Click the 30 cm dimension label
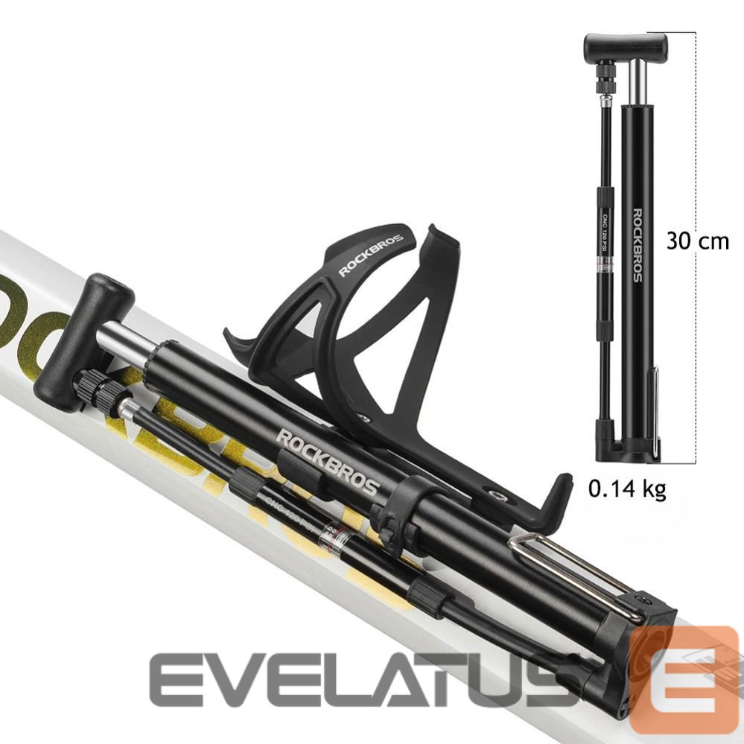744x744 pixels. click(x=697, y=241)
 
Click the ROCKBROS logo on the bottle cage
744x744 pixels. click(x=371, y=255)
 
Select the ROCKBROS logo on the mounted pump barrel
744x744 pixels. click(x=328, y=462)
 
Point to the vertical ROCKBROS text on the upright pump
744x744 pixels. click(x=638, y=245)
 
